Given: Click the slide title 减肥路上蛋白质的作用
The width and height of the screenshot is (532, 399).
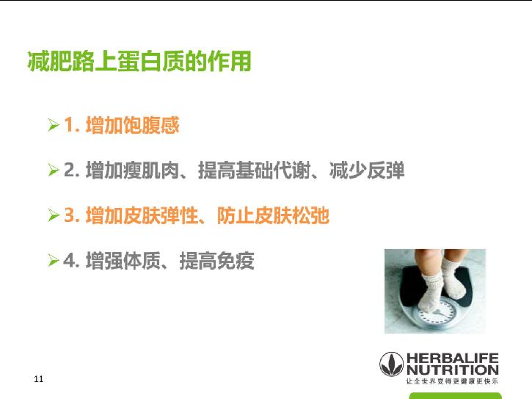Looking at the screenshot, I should click(x=139, y=62).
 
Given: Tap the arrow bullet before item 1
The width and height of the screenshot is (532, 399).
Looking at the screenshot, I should click(x=53, y=126).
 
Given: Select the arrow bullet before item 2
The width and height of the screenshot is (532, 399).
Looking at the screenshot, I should click(x=53, y=172).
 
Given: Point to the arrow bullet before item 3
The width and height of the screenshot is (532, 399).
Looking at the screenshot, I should click(x=53, y=217).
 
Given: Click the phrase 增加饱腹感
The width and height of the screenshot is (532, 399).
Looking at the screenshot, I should click(x=132, y=126).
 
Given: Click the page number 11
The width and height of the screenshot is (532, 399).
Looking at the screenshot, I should click(x=39, y=379).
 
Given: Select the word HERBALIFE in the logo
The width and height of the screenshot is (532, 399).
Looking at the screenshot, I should click(x=452, y=359).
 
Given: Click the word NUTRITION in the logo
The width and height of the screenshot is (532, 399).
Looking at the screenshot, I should click(x=452, y=370).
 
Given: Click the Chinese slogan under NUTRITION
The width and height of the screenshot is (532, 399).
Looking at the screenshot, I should click(x=452, y=381).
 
